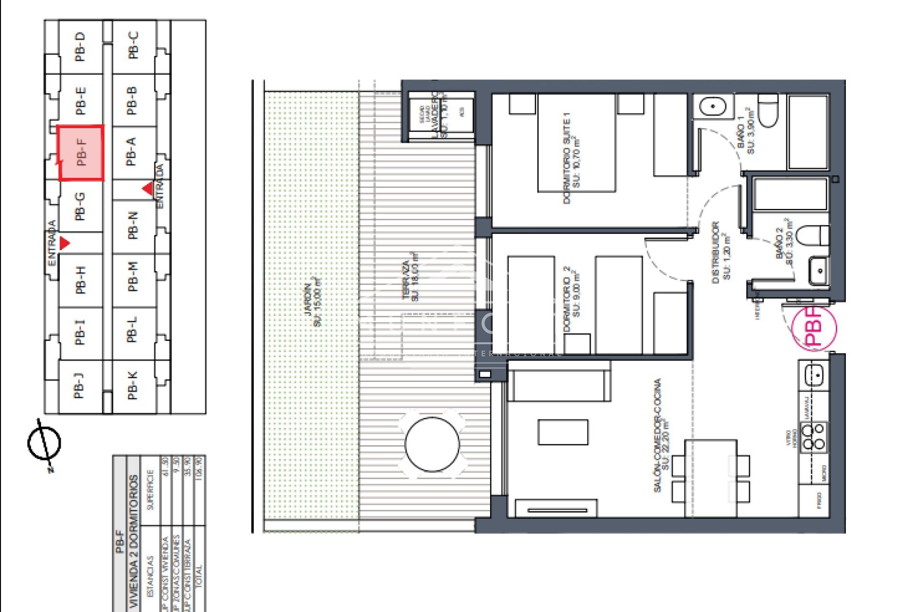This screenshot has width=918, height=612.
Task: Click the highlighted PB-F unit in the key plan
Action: [x=81, y=153]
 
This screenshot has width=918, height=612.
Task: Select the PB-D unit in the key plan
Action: [x=80, y=46]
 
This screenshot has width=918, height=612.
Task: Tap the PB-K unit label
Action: [x=132, y=385]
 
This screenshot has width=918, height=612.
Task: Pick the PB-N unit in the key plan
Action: [x=133, y=225]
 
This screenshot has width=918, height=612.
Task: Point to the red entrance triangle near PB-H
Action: [x=64, y=243]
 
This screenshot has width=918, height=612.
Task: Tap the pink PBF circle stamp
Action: [x=814, y=328]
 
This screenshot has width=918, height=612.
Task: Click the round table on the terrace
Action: [x=432, y=444]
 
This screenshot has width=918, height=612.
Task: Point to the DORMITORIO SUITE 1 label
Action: [x=571, y=158]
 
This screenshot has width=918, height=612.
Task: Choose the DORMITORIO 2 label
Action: [x=571, y=299]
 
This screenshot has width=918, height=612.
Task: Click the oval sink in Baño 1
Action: [x=712, y=106]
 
